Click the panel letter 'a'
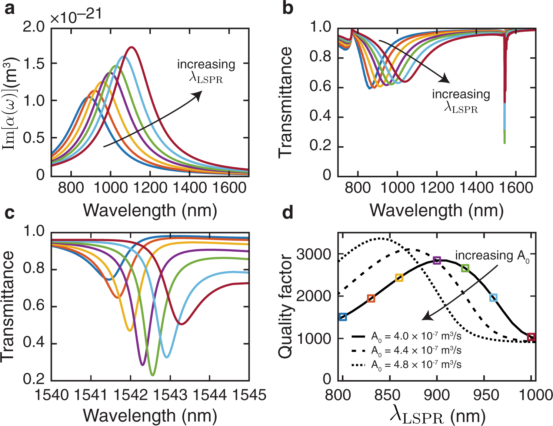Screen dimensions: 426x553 pos(9,8)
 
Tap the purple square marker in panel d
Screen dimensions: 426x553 pos(437,260)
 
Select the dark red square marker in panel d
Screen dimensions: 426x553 pos(531,337)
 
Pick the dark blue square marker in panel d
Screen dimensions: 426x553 pos(343,317)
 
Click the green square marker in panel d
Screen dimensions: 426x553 pos(465,268)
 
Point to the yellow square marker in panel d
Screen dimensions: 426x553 pos(399,278)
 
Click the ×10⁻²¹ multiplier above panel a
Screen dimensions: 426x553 pos(76,16)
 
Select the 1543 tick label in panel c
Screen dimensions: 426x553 pos(170,395)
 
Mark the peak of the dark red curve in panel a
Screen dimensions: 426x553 pos(131,47)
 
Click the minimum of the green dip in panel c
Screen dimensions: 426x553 pos(152,375)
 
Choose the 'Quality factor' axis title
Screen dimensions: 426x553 pos(285,306)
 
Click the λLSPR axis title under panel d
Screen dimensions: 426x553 pos(437,417)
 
